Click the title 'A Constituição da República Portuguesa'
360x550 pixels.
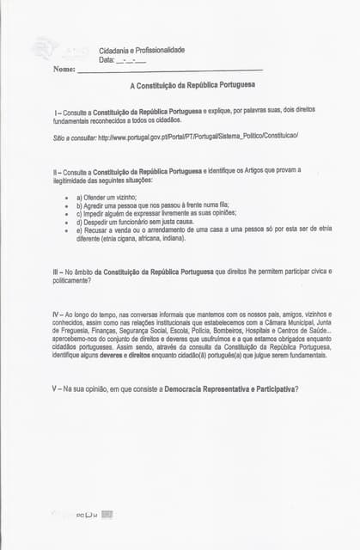click(192, 87)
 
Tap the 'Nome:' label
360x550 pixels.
click(64, 69)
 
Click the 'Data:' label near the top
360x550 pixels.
click(107, 59)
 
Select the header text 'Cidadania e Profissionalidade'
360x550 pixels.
click(142, 50)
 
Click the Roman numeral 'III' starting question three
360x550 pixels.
click(57, 272)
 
